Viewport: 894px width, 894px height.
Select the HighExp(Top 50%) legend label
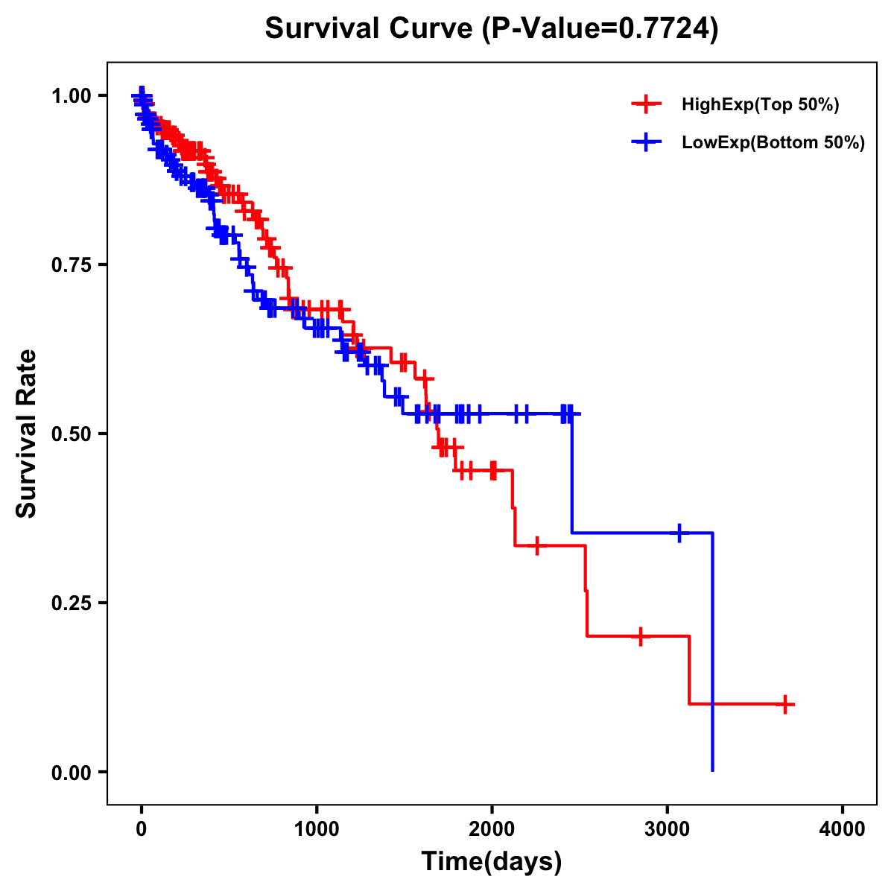pos(760,105)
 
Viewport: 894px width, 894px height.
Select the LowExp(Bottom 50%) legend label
pos(773,142)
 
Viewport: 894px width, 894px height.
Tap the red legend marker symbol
pos(646,104)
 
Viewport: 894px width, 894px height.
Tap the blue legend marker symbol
pos(646,142)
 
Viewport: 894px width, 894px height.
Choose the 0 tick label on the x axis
pos(142,829)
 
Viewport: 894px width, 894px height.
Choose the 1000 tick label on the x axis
pos(317,829)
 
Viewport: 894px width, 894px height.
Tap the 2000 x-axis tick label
pos(492,829)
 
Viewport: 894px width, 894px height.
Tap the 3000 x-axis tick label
pos(668,829)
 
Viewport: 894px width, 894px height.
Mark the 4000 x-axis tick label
pos(843,829)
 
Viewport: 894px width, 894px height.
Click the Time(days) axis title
pos(492,862)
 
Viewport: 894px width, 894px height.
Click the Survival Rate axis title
pos(27,434)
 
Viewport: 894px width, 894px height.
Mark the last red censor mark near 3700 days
pos(785,703)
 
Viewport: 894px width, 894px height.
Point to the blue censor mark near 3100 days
pos(679,533)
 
